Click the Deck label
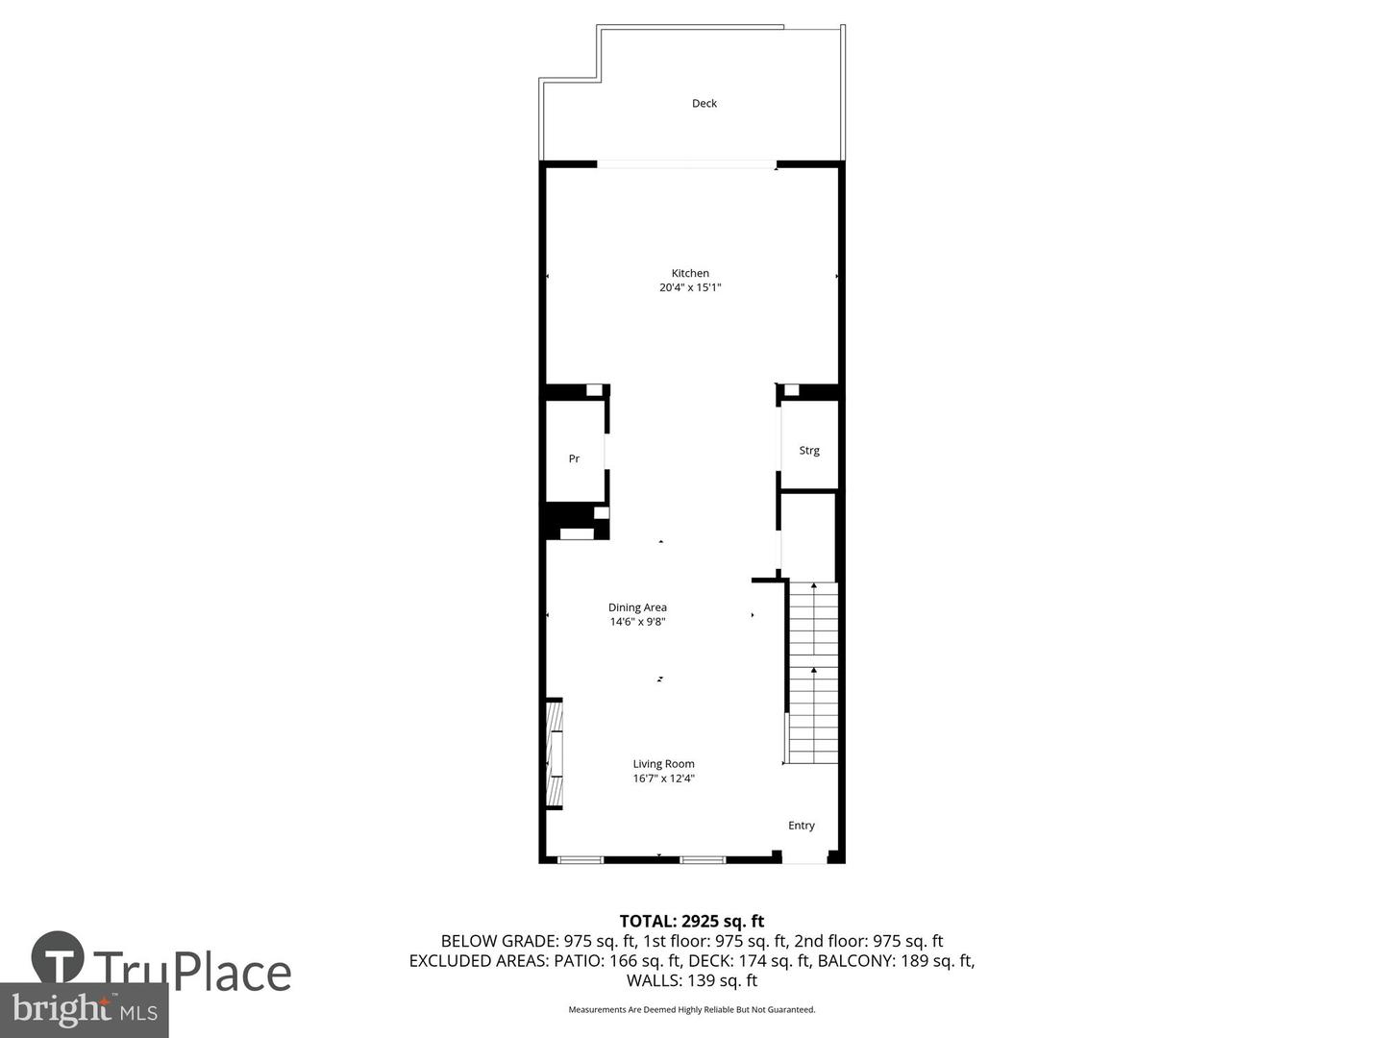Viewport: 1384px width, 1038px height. [x=704, y=103]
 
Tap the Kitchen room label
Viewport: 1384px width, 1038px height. [x=690, y=273]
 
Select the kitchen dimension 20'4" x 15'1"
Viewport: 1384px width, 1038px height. [x=690, y=287]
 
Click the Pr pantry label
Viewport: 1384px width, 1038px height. [x=574, y=458]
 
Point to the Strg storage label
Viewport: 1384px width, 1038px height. [x=809, y=450]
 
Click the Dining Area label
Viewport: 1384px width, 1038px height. [x=637, y=607]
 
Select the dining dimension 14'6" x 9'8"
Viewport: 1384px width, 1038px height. [x=637, y=622]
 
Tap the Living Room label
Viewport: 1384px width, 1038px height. [x=663, y=764]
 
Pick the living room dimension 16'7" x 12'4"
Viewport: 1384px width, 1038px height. [x=663, y=778]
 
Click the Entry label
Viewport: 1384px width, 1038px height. [x=802, y=825]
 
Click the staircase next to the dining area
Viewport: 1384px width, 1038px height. [x=813, y=673]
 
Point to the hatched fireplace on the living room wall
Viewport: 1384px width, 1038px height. [x=555, y=754]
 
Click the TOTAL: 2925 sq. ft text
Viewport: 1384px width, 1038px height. [x=691, y=921]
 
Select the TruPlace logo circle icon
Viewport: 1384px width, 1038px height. [x=58, y=957]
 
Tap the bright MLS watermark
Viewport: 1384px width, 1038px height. [x=85, y=1009]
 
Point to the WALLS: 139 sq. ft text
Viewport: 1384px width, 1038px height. [x=691, y=980]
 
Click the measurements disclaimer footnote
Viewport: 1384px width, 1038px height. [x=691, y=1009]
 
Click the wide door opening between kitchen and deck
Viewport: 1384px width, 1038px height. [x=686, y=164]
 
